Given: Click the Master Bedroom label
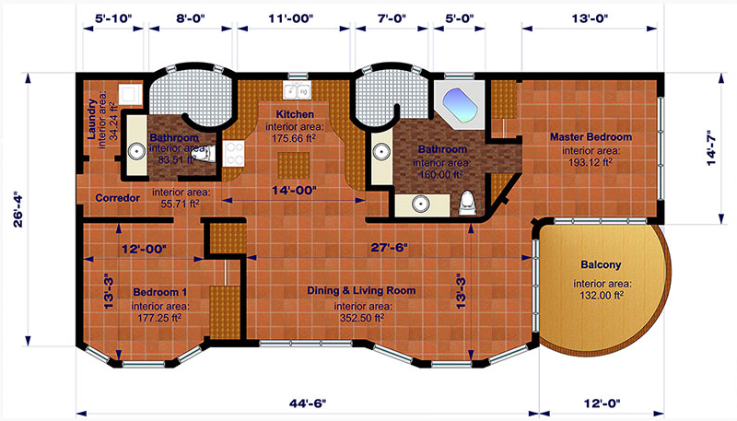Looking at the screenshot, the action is point(591,137).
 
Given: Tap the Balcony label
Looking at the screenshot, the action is point(601,264).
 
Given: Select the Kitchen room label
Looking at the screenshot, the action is point(295,114).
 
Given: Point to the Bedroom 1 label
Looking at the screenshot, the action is point(159,292).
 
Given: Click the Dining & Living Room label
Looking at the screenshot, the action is point(361,290).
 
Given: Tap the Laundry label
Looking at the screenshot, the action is point(92,119).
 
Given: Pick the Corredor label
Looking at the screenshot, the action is point(118,198).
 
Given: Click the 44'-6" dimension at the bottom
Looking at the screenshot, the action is point(308,403).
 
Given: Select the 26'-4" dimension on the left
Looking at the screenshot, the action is point(18,209).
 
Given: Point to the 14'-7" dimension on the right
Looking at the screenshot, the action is point(710,147).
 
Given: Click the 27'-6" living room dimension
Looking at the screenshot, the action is point(389,248).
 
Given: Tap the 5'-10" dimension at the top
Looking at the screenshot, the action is point(113,18).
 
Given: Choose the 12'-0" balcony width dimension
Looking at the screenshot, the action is point(602,403).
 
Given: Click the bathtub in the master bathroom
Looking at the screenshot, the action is point(461,106).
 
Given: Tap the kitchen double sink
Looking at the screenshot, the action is point(297,89).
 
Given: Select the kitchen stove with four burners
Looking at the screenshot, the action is point(234,154).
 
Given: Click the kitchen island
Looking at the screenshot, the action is point(293,165).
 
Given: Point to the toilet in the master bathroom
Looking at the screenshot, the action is point(467,203).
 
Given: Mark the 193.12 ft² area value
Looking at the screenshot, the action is point(591,162).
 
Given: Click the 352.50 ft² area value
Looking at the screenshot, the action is point(362,318).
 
